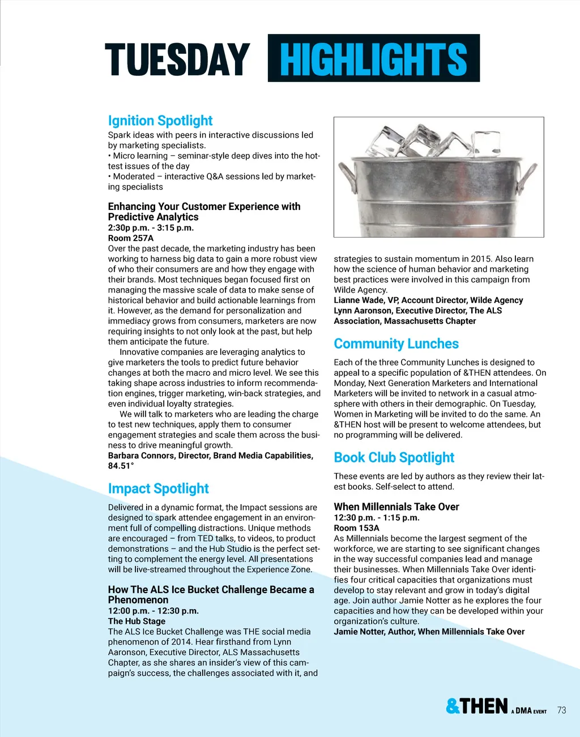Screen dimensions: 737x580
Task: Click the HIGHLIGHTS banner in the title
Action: click(x=373, y=58)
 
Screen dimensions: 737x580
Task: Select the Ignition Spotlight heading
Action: click(x=160, y=121)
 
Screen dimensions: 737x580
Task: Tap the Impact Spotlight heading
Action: click(x=158, y=489)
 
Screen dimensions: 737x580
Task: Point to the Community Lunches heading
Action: click(x=396, y=344)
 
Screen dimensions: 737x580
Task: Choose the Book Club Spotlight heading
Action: click(x=394, y=457)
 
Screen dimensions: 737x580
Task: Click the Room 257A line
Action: click(x=131, y=238)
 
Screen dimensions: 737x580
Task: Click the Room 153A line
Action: click(x=356, y=528)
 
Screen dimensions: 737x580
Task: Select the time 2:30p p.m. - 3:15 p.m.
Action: click(x=151, y=228)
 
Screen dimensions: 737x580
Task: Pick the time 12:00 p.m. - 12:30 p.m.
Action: click(x=153, y=611)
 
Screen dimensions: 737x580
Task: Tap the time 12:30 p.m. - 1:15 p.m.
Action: click(x=376, y=518)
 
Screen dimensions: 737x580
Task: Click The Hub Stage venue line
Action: click(x=137, y=621)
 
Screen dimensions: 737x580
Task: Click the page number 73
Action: click(x=561, y=710)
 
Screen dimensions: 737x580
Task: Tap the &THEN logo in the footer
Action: click(x=477, y=706)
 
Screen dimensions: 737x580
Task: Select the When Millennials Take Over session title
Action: click(x=396, y=507)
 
